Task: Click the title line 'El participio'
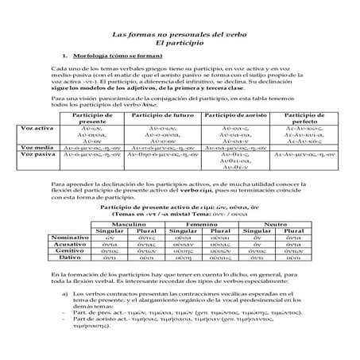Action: click(x=180, y=50)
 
